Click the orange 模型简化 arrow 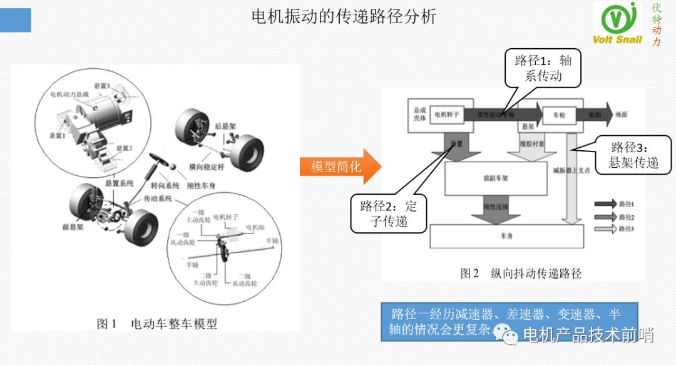pyautogui.click(x=339, y=167)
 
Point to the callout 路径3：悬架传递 pyautogui.click(x=633, y=155)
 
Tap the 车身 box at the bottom pyautogui.click(x=506, y=237)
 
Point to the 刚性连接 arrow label pyautogui.click(x=496, y=207)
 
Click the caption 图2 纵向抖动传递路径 pyautogui.click(x=521, y=274)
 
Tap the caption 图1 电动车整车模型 pyautogui.click(x=156, y=324)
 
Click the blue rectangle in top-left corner pyautogui.click(x=15, y=20)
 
